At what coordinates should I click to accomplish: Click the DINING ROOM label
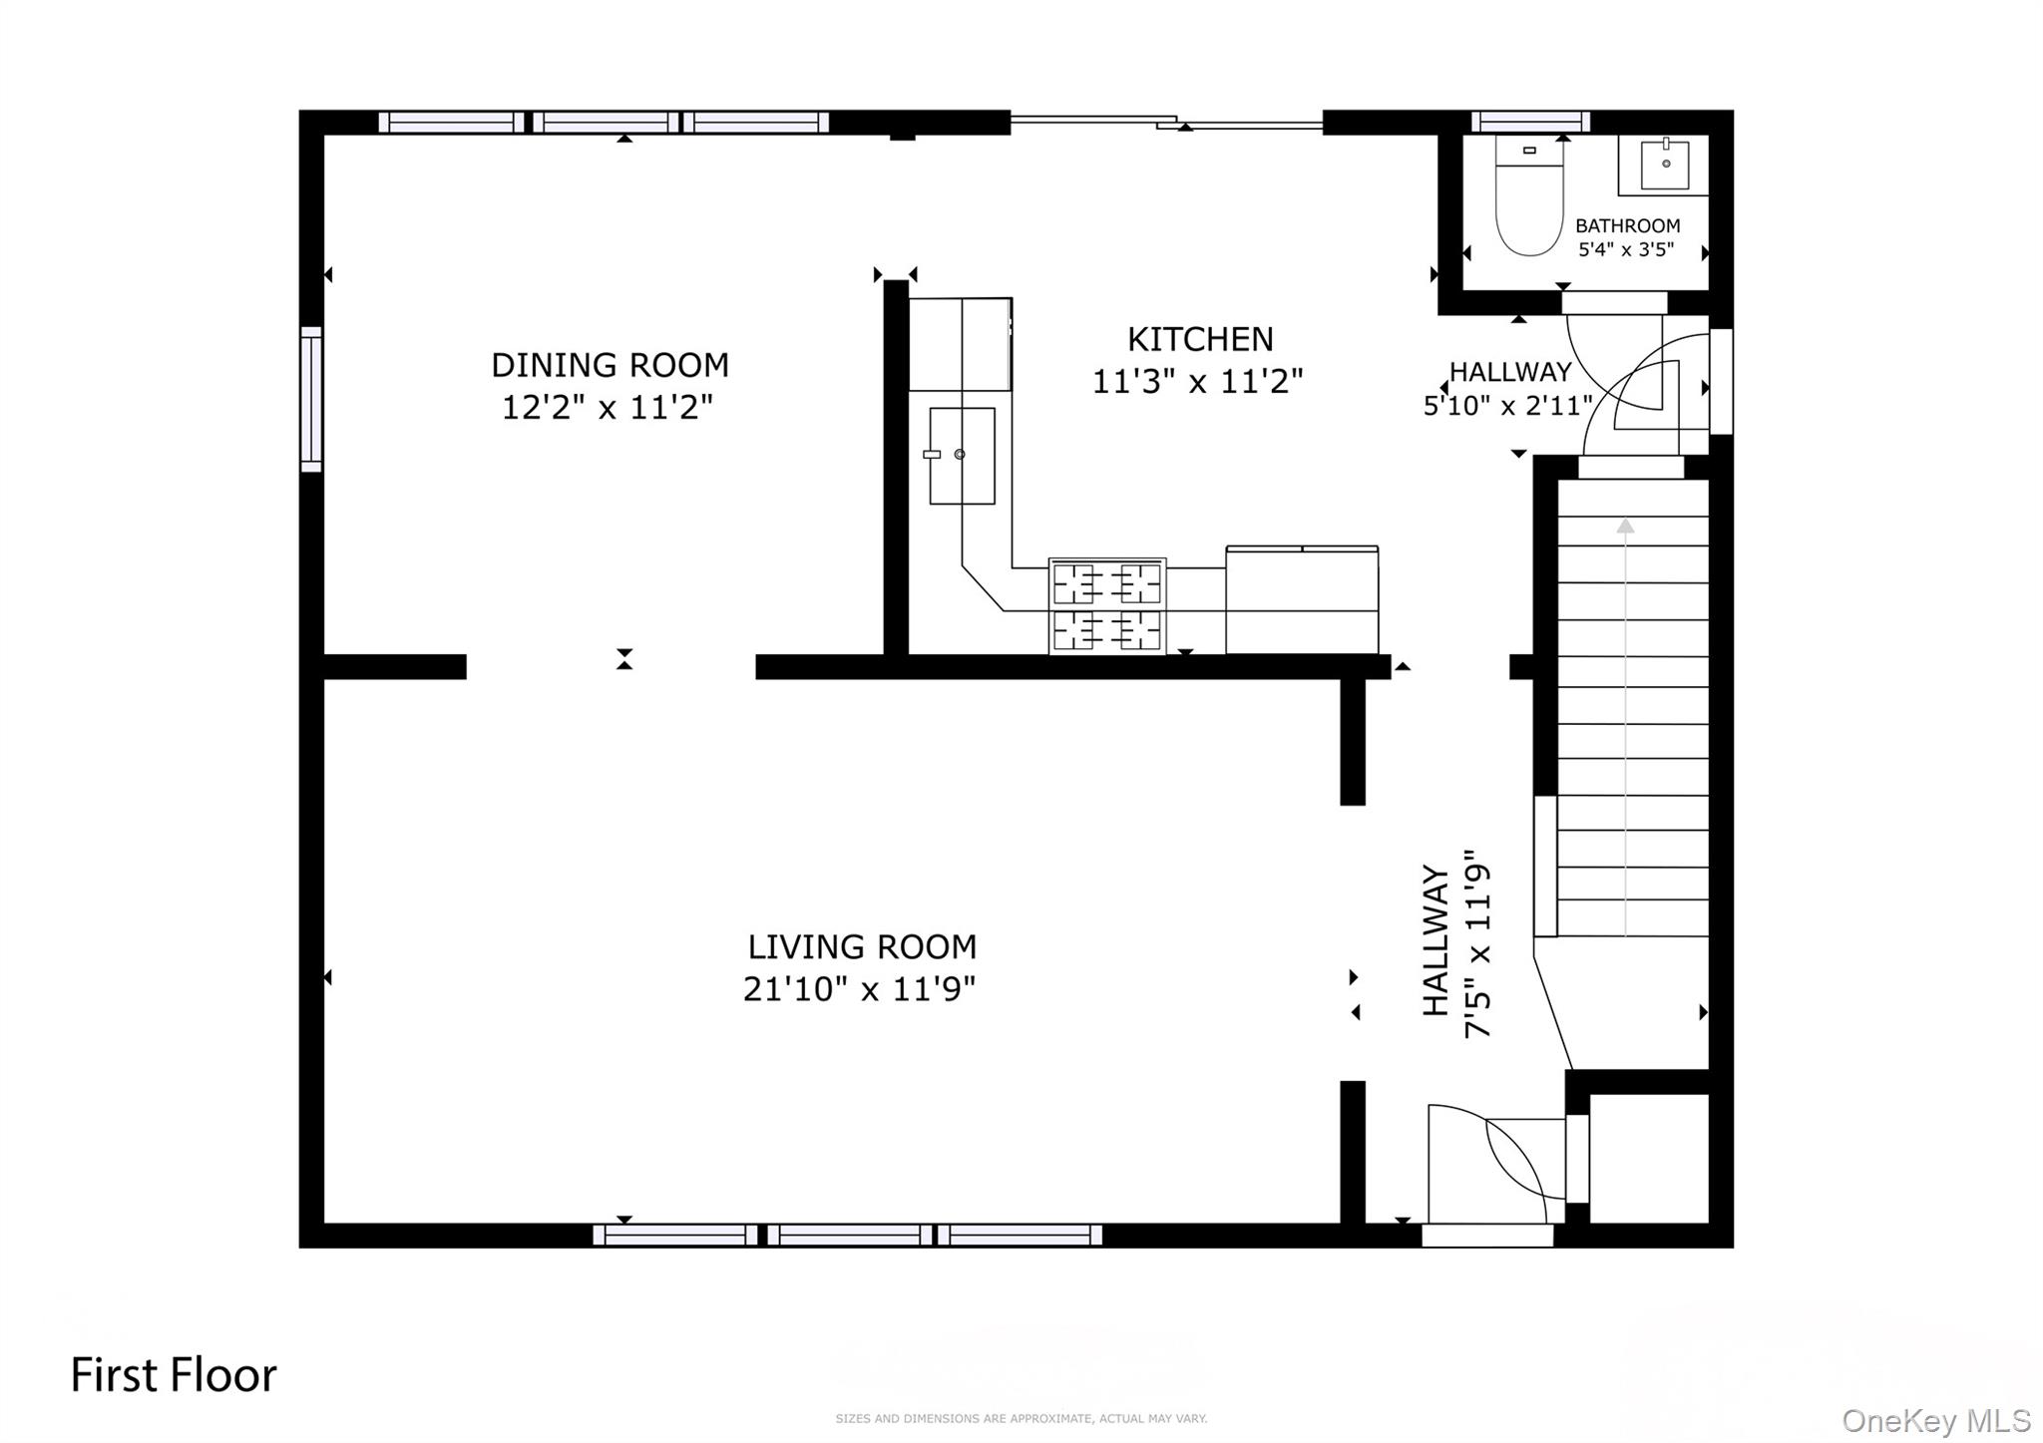click(x=610, y=365)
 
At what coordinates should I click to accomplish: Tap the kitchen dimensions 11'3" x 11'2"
click(x=1197, y=382)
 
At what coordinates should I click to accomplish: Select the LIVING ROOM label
click(x=862, y=946)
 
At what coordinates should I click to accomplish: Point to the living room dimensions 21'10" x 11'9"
click(x=859, y=989)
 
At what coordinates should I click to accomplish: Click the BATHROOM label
click(x=1627, y=226)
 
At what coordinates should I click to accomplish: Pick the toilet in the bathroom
click(x=1528, y=196)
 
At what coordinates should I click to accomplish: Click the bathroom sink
click(x=1665, y=165)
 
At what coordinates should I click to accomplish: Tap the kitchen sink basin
click(x=962, y=456)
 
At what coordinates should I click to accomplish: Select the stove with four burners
click(x=1107, y=606)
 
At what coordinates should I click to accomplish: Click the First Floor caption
click(x=174, y=1375)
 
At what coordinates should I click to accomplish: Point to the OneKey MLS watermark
click(x=1936, y=1420)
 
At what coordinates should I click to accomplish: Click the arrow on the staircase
click(x=1626, y=727)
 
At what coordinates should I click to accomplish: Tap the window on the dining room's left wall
click(x=311, y=399)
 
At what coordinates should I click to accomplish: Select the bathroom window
click(x=1530, y=122)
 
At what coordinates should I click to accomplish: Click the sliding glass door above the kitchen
click(x=1166, y=122)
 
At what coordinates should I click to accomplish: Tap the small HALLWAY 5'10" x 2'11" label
click(x=1508, y=388)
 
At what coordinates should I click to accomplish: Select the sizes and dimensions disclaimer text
click(x=1021, y=1418)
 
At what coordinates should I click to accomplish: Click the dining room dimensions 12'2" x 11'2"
click(x=608, y=408)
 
